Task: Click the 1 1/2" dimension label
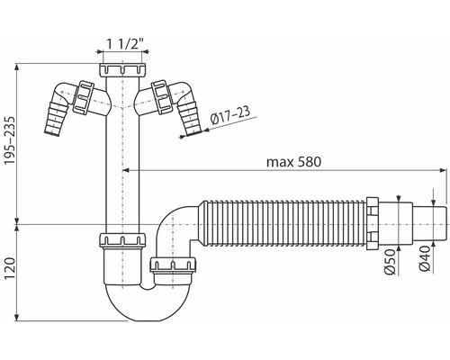click(123, 45)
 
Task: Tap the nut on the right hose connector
click(163, 94)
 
